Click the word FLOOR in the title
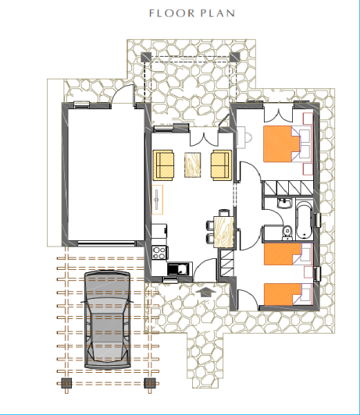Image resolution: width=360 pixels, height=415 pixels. (x=166, y=13)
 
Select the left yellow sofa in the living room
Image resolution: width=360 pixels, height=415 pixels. (x=164, y=165)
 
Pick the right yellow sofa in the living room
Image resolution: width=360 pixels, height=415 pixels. (x=221, y=165)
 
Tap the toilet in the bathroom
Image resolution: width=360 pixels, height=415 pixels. (x=287, y=231)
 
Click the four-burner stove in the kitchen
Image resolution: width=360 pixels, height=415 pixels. (x=159, y=252)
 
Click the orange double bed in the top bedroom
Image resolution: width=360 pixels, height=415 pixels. (x=281, y=144)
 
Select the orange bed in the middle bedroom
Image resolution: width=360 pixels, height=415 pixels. (x=283, y=255)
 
